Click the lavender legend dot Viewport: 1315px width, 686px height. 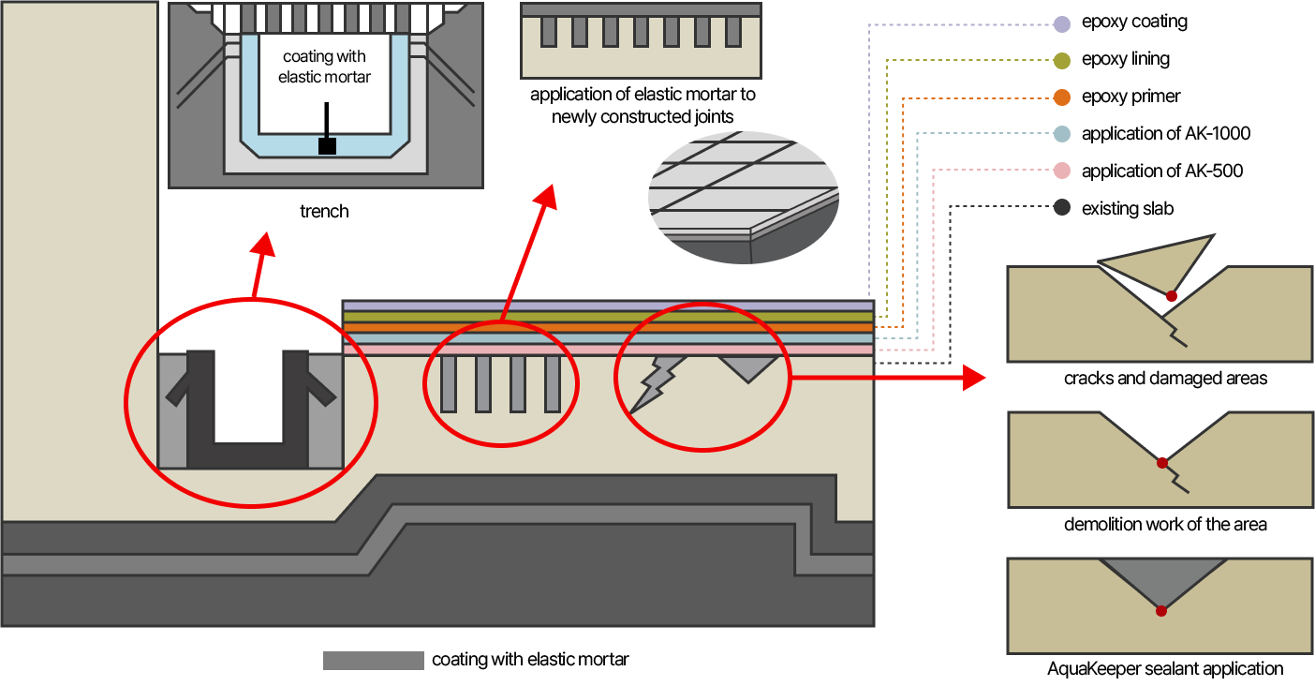point(1061,24)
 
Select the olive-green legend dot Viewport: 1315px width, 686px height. point(1061,61)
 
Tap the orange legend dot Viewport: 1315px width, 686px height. point(1061,97)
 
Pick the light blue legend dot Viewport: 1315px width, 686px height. point(1061,134)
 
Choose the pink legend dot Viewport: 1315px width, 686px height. point(1061,171)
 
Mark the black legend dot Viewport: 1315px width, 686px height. point(1061,208)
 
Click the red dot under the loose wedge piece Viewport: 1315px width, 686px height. point(1172,296)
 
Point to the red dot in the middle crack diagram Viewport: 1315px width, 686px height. point(1162,463)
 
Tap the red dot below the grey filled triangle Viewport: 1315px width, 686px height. point(1161,611)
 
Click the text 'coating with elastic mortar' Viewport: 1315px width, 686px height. point(325,67)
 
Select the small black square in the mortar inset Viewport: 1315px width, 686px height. point(327,146)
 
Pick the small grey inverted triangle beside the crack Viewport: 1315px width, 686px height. point(748,366)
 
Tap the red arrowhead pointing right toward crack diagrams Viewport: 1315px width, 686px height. point(975,379)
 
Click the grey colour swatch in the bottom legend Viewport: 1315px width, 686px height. point(374,661)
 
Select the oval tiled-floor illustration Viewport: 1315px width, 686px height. point(744,198)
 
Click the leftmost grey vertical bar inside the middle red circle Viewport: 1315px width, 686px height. point(449,383)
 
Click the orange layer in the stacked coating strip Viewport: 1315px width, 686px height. point(609,328)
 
